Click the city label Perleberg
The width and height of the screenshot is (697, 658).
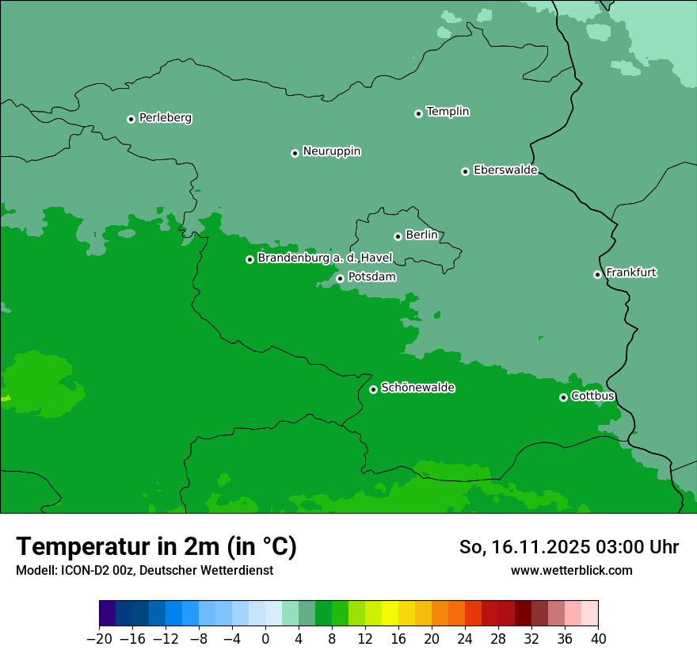click(166, 118)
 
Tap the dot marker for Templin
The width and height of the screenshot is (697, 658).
click(418, 113)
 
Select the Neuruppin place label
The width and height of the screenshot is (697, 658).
click(332, 151)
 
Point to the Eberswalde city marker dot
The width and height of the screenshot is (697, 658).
click(466, 171)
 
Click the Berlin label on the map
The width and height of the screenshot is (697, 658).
click(421, 235)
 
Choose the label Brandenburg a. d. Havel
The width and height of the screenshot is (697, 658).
click(325, 258)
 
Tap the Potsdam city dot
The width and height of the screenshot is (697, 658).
click(340, 278)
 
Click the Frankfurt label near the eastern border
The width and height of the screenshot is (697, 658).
click(631, 273)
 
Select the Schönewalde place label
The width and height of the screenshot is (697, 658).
click(418, 388)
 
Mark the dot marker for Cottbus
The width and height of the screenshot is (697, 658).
click(563, 397)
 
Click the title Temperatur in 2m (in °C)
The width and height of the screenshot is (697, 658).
click(156, 546)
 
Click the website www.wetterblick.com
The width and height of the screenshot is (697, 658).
click(571, 571)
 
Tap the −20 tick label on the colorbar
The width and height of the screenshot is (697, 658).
click(99, 639)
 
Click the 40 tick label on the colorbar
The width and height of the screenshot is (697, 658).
click(598, 639)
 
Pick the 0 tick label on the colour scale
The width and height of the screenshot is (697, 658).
click(265, 639)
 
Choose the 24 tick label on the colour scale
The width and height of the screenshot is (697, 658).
click(465, 639)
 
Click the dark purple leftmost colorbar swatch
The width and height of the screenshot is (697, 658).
click(108, 614)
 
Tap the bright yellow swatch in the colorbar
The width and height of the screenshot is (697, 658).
click(390, 614)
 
